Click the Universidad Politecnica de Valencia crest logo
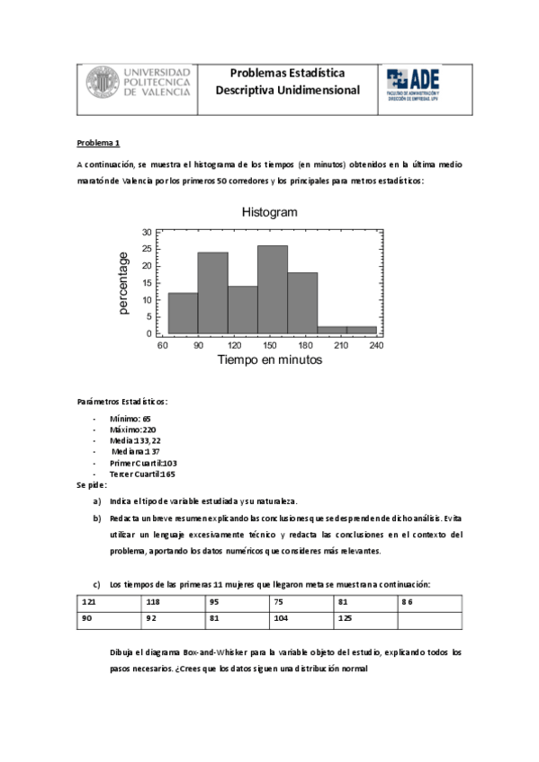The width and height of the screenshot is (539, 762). pos(102,83)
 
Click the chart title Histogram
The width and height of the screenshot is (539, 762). pos(269,212)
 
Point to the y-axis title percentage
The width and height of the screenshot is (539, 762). pos(123,283)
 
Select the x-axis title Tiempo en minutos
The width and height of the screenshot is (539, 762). pos(269,359)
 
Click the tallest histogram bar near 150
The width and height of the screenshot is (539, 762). pos(272,289)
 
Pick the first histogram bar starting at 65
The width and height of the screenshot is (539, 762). pos(183,313)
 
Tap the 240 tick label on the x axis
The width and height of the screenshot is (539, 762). pos(376,344)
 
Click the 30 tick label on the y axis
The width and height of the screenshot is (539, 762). pos(147,232)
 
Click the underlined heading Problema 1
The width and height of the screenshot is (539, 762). pos(98,143)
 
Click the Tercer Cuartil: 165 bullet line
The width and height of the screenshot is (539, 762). pos(142,474)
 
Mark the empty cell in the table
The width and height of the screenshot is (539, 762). pos(430,619)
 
